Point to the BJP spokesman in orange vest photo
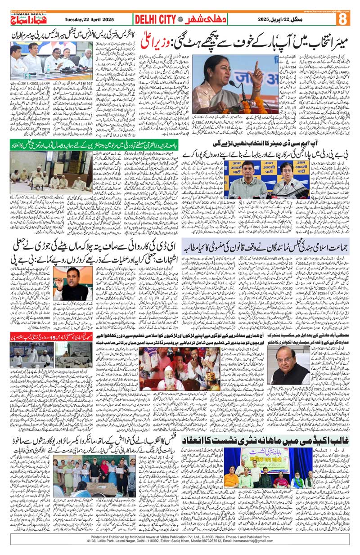pyautogui.click(x=72, y=283)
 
